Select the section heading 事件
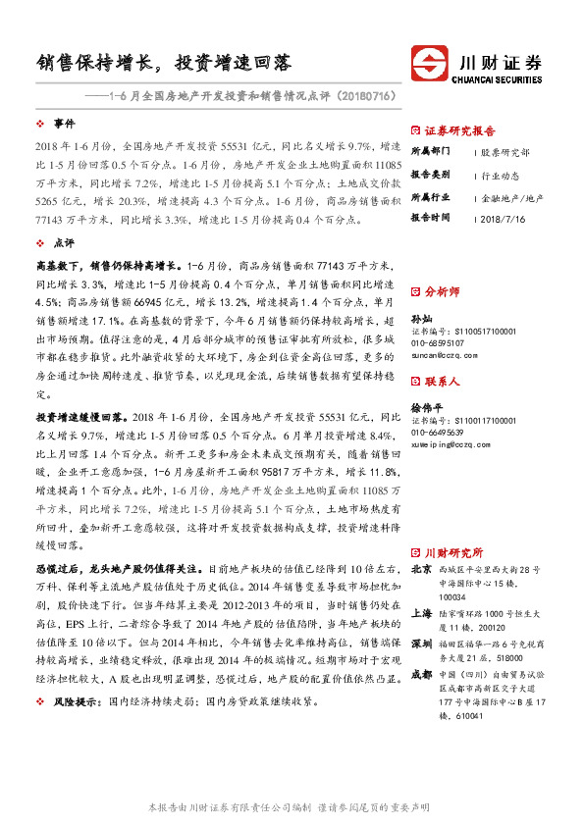(64, 125)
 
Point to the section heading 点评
(64, 241)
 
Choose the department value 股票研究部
(505, 152)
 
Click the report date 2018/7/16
(506, 218)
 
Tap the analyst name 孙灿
(420, 320)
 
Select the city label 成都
(421, 674)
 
